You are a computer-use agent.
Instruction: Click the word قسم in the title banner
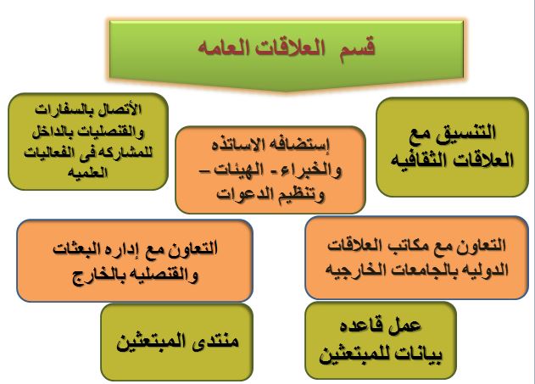(x=357, y=48)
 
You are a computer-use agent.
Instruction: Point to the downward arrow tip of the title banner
(x=286, y=92)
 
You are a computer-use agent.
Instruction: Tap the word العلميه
(x=87, y=172)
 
